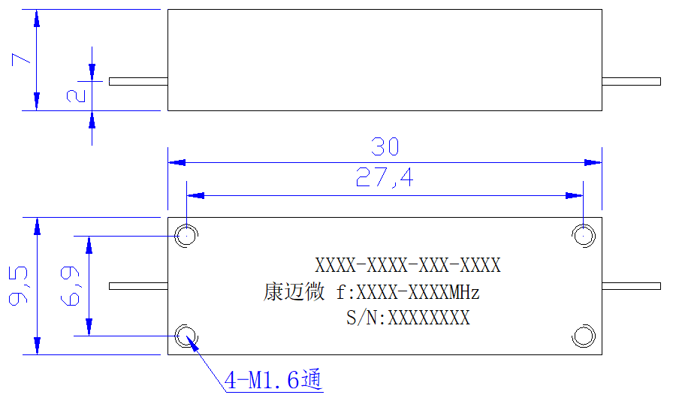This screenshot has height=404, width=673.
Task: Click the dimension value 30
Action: (x=385, y=146)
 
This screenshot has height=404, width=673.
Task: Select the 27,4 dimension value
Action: (x=385, y=177)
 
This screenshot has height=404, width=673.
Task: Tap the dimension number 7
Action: (x=21, y=59)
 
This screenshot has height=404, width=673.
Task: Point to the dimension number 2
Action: (x=76, y=95)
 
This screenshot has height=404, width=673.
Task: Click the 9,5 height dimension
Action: (x=19, y=286)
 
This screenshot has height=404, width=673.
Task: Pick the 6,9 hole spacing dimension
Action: (x=71, y=286)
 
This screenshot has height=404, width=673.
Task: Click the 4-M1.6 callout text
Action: (x=273, y=379)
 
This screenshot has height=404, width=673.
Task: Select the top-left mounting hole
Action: (x=187, y=236)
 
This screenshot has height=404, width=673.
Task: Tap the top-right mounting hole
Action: (x=584, y=236)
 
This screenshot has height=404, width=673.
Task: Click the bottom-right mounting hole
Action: (x=584, y=336)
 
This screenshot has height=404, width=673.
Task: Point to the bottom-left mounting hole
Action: (x=187, y=336)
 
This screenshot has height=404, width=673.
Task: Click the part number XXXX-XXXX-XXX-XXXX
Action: (x=408, y=266)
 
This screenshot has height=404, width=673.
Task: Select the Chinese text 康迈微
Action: (x=294, y=292)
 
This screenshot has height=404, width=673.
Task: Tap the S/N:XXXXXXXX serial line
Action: (x=408, y=318)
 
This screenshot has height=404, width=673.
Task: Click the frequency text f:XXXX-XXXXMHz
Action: (x=408, y=293)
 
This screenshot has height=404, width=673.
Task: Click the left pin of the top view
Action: (x=138, y=82)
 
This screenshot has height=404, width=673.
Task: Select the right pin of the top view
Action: (x=632, y=82)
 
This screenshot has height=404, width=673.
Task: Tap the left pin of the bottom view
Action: (x=138, y=286)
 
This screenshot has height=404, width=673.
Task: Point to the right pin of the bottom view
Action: (x=632, y=286)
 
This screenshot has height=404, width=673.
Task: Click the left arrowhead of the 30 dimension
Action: (x=177, y=162)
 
